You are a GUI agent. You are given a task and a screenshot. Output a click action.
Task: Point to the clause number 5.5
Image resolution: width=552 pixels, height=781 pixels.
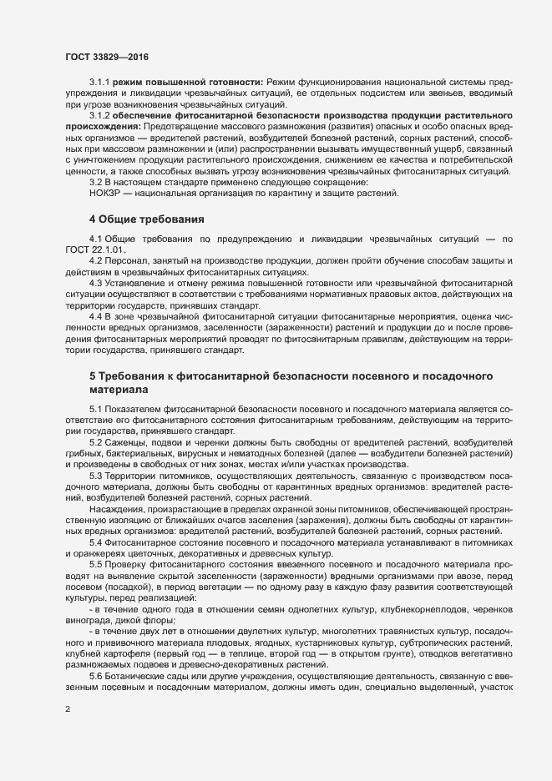pos(97,563)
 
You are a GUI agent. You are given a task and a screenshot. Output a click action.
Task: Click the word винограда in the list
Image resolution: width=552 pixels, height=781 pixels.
pos(91,620)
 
